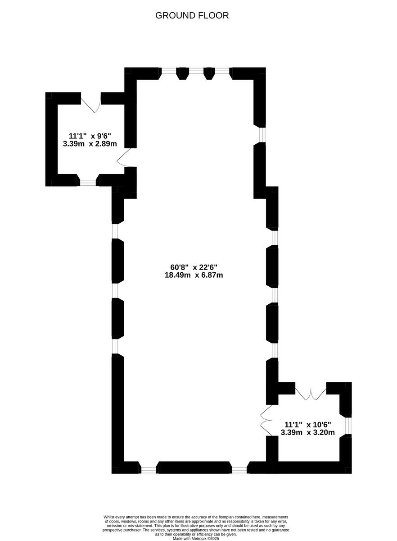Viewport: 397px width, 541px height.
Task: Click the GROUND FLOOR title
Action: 192,15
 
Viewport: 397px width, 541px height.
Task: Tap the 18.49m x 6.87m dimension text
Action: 194,275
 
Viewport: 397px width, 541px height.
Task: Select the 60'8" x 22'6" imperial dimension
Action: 194,267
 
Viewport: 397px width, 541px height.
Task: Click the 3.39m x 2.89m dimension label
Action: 90,144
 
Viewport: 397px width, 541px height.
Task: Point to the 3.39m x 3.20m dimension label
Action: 308,432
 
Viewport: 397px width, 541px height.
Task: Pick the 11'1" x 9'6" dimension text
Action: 90,136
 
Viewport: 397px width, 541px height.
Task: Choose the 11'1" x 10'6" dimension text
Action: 308,424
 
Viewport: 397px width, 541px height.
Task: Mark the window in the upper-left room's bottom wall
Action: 88,182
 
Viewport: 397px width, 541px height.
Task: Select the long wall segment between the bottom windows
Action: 194,468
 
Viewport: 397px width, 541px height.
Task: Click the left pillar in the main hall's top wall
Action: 183,73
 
